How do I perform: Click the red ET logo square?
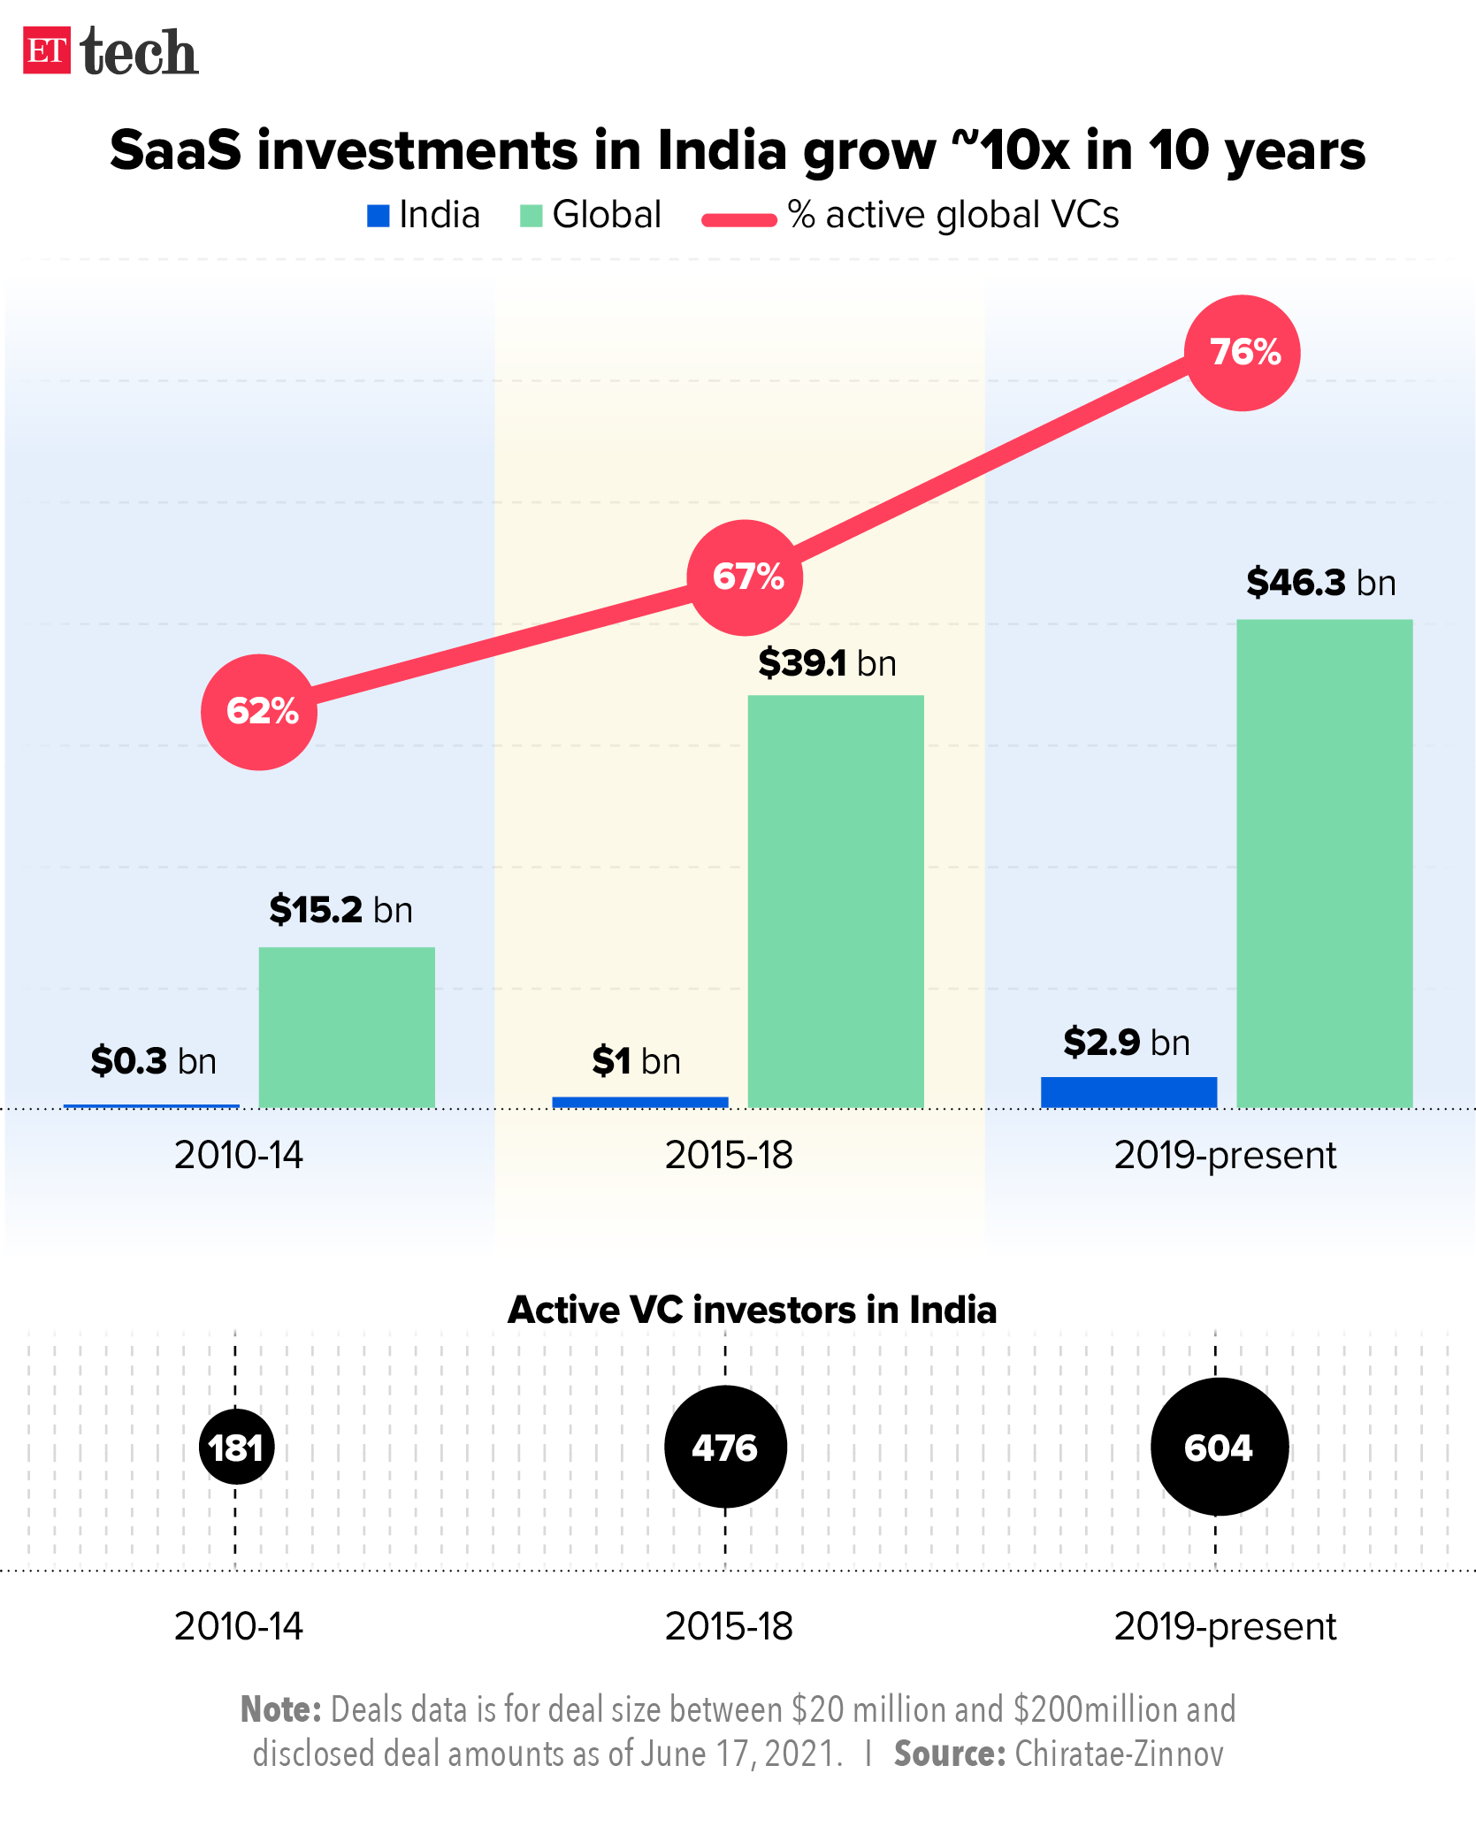point(46,50)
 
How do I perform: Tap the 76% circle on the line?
point(1242,353)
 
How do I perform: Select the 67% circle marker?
point(746,577)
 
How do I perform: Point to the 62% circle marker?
point(259,712)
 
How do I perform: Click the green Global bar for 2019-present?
point(1324,862)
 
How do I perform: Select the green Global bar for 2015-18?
point(836,900)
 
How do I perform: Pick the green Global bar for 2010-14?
point(347,1026)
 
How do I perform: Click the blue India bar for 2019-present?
point(1128,1091)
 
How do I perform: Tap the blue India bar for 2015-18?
point(640,1102)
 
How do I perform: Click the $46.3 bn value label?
point(1320,583)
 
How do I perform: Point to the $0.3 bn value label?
point(153,1060)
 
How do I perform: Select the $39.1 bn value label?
point(827,663)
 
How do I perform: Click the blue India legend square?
point(379,216)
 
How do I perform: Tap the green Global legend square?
point(531,216)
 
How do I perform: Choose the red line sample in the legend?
point(739,219)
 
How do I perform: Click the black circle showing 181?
point(236,1448)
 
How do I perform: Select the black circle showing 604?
point(1219,1447)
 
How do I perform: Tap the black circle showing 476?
point(725,1447)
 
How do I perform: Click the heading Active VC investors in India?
point(752,1310)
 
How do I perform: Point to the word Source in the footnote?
point(949,1754)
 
